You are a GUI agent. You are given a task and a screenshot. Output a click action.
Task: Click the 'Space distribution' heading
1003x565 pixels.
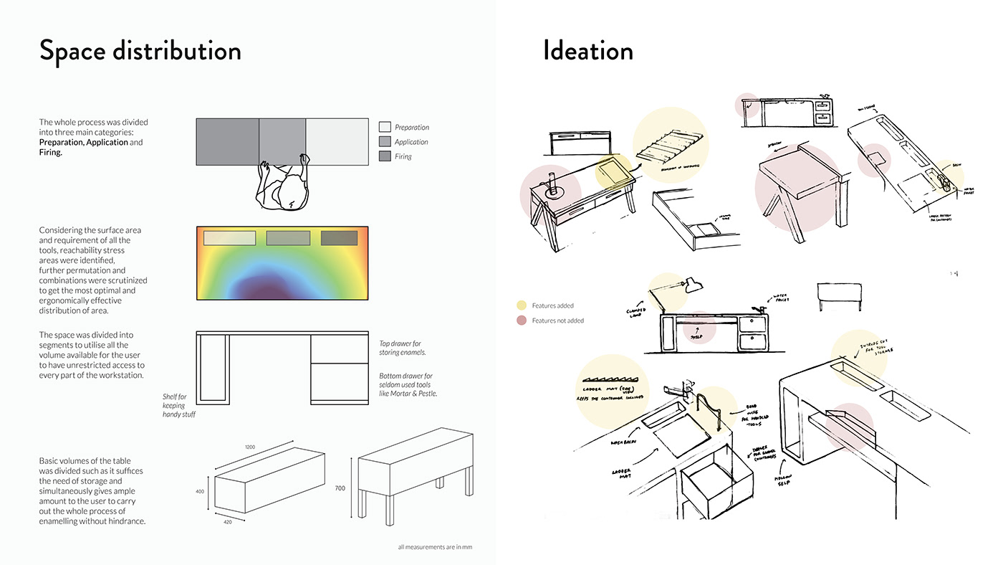140,51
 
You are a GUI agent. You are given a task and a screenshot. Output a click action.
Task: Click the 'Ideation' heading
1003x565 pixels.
587,51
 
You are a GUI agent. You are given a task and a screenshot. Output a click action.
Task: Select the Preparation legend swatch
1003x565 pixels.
385,127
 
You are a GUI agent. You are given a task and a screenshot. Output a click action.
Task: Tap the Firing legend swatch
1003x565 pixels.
385,156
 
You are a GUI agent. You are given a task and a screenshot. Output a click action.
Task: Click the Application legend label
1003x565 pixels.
411,142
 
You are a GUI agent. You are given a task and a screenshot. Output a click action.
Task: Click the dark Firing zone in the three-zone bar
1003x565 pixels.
227,141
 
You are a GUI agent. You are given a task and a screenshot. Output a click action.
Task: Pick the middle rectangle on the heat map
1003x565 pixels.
288,238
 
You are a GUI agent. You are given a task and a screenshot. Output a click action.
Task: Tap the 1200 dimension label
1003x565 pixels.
250,447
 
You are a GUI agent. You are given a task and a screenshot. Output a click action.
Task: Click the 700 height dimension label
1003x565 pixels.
340,488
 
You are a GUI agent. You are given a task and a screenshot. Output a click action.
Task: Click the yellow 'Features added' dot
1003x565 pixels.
521,305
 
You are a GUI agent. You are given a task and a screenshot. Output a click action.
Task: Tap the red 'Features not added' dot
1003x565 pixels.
521,321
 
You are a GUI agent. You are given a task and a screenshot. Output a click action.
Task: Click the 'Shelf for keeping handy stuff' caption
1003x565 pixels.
174,405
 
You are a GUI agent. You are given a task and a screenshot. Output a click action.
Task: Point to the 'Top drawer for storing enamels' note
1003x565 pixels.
403,348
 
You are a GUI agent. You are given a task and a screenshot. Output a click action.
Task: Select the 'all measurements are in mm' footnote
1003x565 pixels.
435,547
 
